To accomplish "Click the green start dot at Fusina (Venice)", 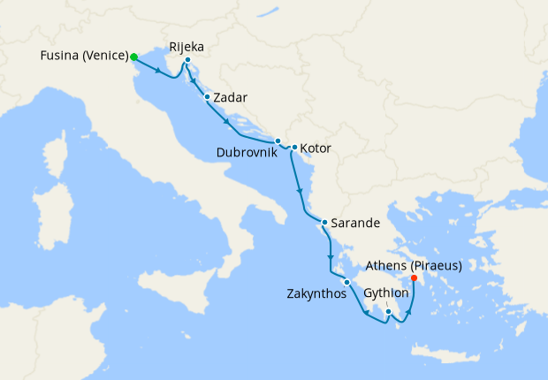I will (x=133, y=57).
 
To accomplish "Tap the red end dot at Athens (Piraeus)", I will (x=414, y=277).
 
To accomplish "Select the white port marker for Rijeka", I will (x=188, y=60).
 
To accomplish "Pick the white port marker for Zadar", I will (x=207, y=97).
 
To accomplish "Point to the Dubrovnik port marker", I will (x=278, y=141).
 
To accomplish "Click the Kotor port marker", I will (x=293, y=148).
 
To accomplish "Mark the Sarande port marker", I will (x=324, y=223).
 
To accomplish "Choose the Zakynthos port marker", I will (x=347, y=282).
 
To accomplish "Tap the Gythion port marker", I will (x=388, y=311).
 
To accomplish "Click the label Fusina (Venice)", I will (x=84, y=57).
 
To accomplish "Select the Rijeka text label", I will (x=187, y=45).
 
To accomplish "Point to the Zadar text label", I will (x=230, y=97).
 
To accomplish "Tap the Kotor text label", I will (x=316, y=148).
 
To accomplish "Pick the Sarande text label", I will (x=352, y=223).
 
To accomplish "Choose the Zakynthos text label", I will (x=315, y=294).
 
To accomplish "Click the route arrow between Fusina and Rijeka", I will (x=164, y=73).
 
